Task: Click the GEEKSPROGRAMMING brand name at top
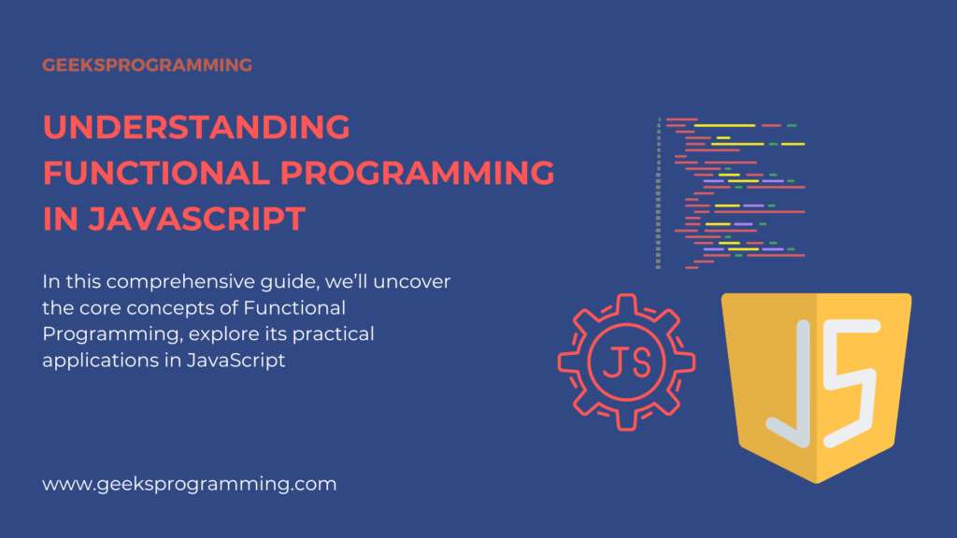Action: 147,65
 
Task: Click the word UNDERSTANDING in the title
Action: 196,127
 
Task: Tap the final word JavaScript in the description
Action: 236,360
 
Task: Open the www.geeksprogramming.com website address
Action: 190,484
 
